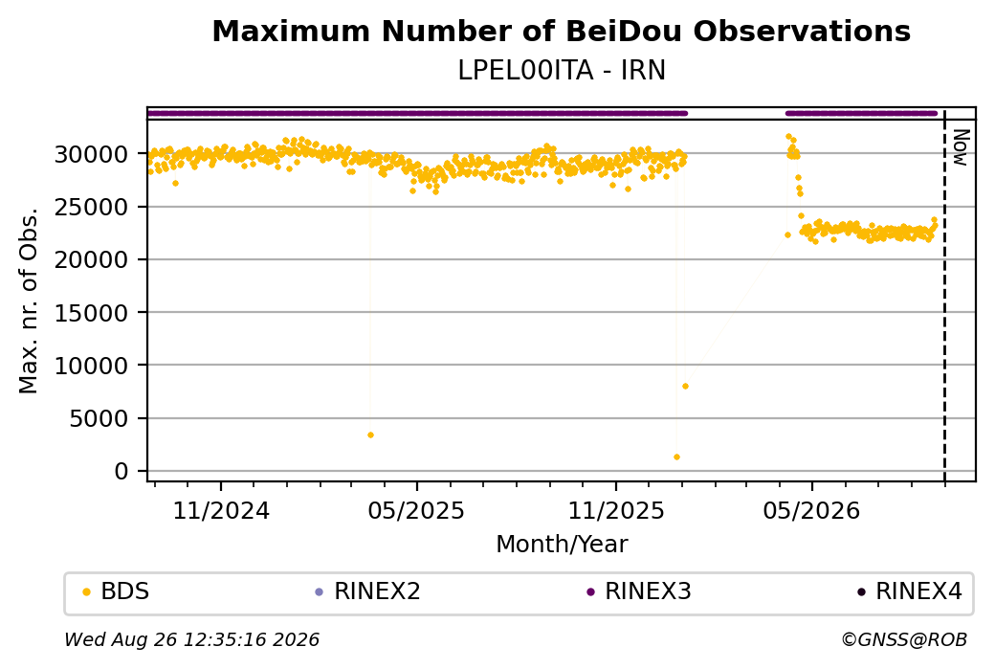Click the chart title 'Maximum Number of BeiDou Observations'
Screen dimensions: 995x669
(561, 31)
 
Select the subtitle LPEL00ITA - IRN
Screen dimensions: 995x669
(561, 71)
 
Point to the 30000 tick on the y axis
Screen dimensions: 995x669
(92, 154)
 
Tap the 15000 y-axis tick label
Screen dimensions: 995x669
(92, 313)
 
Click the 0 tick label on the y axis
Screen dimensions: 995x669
(122, 472)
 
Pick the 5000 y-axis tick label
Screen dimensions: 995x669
(99, 419)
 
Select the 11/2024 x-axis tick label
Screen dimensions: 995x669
(221, 510)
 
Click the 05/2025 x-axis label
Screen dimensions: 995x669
(416, 510)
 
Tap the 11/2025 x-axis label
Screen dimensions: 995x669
(615, 510)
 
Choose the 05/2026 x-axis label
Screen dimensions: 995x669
(811, 510)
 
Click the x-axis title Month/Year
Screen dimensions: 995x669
(562, 544)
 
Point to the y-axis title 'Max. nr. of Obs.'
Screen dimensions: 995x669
(29, 301)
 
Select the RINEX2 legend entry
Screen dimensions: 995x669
(368, 591)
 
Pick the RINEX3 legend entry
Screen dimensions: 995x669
(639, 591)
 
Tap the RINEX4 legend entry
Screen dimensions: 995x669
(910, 591)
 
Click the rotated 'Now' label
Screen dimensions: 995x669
(962, 148)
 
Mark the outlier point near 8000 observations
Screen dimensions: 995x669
(685, 386)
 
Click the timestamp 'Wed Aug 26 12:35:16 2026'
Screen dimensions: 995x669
(191, 639)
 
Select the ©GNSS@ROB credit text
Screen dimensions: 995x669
(904, 639)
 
